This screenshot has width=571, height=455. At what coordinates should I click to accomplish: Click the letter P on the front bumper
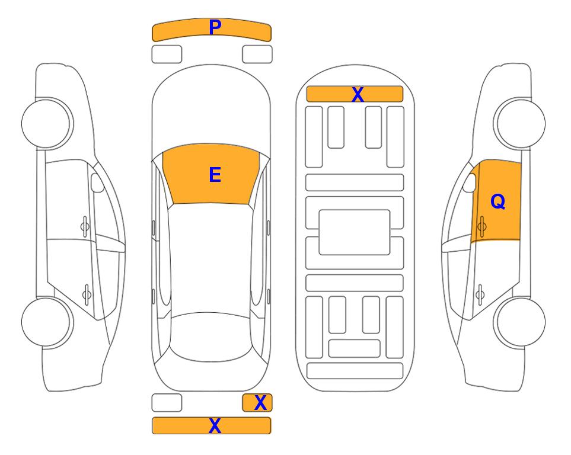(x=215, y=27)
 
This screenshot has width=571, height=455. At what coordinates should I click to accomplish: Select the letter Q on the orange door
(x=498, y=201)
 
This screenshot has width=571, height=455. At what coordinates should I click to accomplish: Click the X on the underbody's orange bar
(x=358, y=95)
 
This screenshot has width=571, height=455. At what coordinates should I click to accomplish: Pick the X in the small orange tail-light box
(x=260, y=403)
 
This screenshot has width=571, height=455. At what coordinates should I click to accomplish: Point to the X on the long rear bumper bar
(x=215, y=425)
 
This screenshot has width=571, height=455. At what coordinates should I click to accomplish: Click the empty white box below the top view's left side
(x=167, y=403)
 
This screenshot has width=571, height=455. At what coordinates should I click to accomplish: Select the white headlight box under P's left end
(x=167, y=55)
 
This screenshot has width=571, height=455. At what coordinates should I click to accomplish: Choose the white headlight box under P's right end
(x=257, y=55)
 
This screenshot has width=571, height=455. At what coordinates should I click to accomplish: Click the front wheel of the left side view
(x=46, y=124)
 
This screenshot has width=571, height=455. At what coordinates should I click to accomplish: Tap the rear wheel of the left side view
(x=46, y=322)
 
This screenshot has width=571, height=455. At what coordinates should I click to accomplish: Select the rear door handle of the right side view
(x=480, y=294)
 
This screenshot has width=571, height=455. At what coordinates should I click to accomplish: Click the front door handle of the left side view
(x=85, y=227)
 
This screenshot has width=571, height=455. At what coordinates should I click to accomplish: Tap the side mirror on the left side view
(x=97, y=182)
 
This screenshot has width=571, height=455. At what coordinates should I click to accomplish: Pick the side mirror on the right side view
(x=470, y=182)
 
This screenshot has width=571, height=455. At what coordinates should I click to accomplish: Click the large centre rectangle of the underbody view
(x=355, y=232)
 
